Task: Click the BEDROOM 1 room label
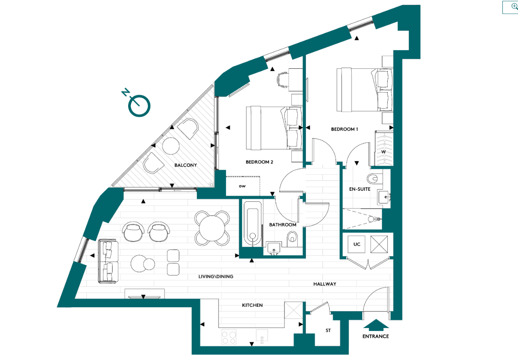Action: (344, 129)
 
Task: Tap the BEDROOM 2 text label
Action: (259, 162)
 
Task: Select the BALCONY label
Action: (186, 165)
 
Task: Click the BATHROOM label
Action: (283, 225)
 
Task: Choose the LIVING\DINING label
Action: (216, 276)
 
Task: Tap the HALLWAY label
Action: (325, 284)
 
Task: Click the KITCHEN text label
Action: (252, 305)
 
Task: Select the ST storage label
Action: (328, 331)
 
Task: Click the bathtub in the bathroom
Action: (251, 224)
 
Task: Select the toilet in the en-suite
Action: (373, 178)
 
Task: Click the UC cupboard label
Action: (357, 244)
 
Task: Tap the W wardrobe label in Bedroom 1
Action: (383, 152)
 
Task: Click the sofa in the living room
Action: (108, 261)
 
